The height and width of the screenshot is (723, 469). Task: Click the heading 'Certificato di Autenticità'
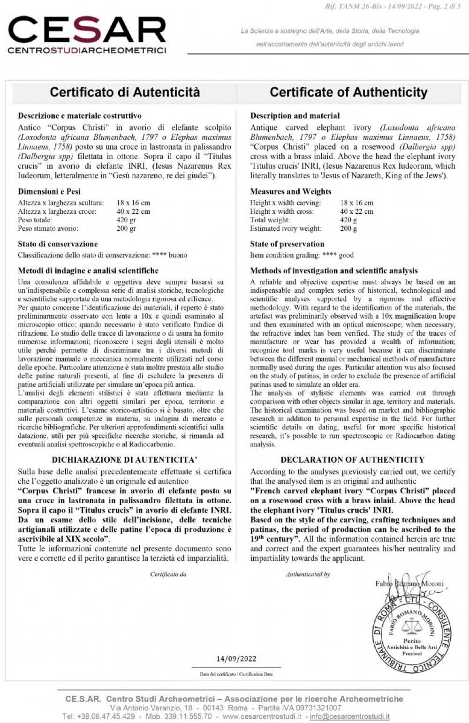click(x=125, y=92)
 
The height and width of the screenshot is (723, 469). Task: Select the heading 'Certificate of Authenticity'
click(x=348, y=92)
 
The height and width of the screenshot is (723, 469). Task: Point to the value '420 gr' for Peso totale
click(x=126, y=220)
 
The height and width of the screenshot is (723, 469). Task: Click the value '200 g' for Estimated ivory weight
click(x=348, y=228)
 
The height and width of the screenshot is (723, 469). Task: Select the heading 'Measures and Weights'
click(x=291, y=191)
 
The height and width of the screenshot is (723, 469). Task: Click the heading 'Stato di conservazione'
click(x=58, y=244)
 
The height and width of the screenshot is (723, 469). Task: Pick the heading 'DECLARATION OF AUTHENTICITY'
click(x=352, y=459)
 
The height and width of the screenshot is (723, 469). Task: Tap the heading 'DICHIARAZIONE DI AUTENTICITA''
click(x=124, y=459)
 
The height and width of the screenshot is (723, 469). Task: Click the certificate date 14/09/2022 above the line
click(x=236, y=659)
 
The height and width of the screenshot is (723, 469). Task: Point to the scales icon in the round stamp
click(x=412, y=625)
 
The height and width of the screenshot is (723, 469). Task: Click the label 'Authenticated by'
click(x=308, y=574)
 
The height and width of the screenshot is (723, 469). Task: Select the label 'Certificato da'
click(x=168, y=574)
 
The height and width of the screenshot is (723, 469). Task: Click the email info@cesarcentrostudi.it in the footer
click(x=349, y=716)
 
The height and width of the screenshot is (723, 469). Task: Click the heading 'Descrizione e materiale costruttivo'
click(x=80, y=115)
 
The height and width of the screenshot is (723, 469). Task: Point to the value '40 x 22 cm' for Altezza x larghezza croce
click(x=133, y=211)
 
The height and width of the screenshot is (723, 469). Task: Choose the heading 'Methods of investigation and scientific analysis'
click(x=333, y=271)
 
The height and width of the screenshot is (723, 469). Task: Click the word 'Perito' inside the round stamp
click(x=412, y=641)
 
